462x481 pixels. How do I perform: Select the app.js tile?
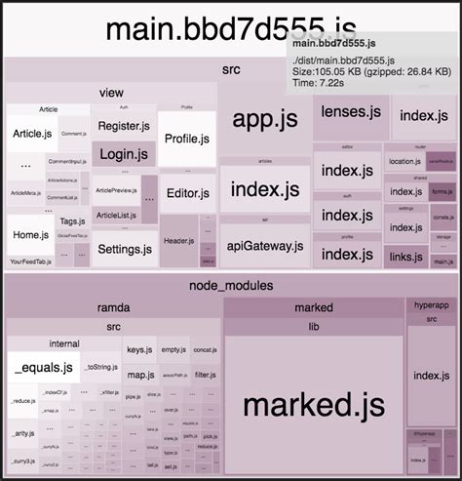[x=258, y=119]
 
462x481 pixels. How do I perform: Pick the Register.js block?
[x=124, y=125]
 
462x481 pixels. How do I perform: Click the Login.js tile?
[x=124, y=153]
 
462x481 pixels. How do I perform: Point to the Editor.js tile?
[x=187, y=192]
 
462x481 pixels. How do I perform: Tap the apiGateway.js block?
[x=264, y=248]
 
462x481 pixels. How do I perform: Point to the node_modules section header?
[x=230, y=286]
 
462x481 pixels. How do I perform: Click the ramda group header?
[x=113, y=308]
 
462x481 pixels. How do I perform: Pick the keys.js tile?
[x=139, y=349]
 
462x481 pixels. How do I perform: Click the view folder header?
[x=111, y=93]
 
